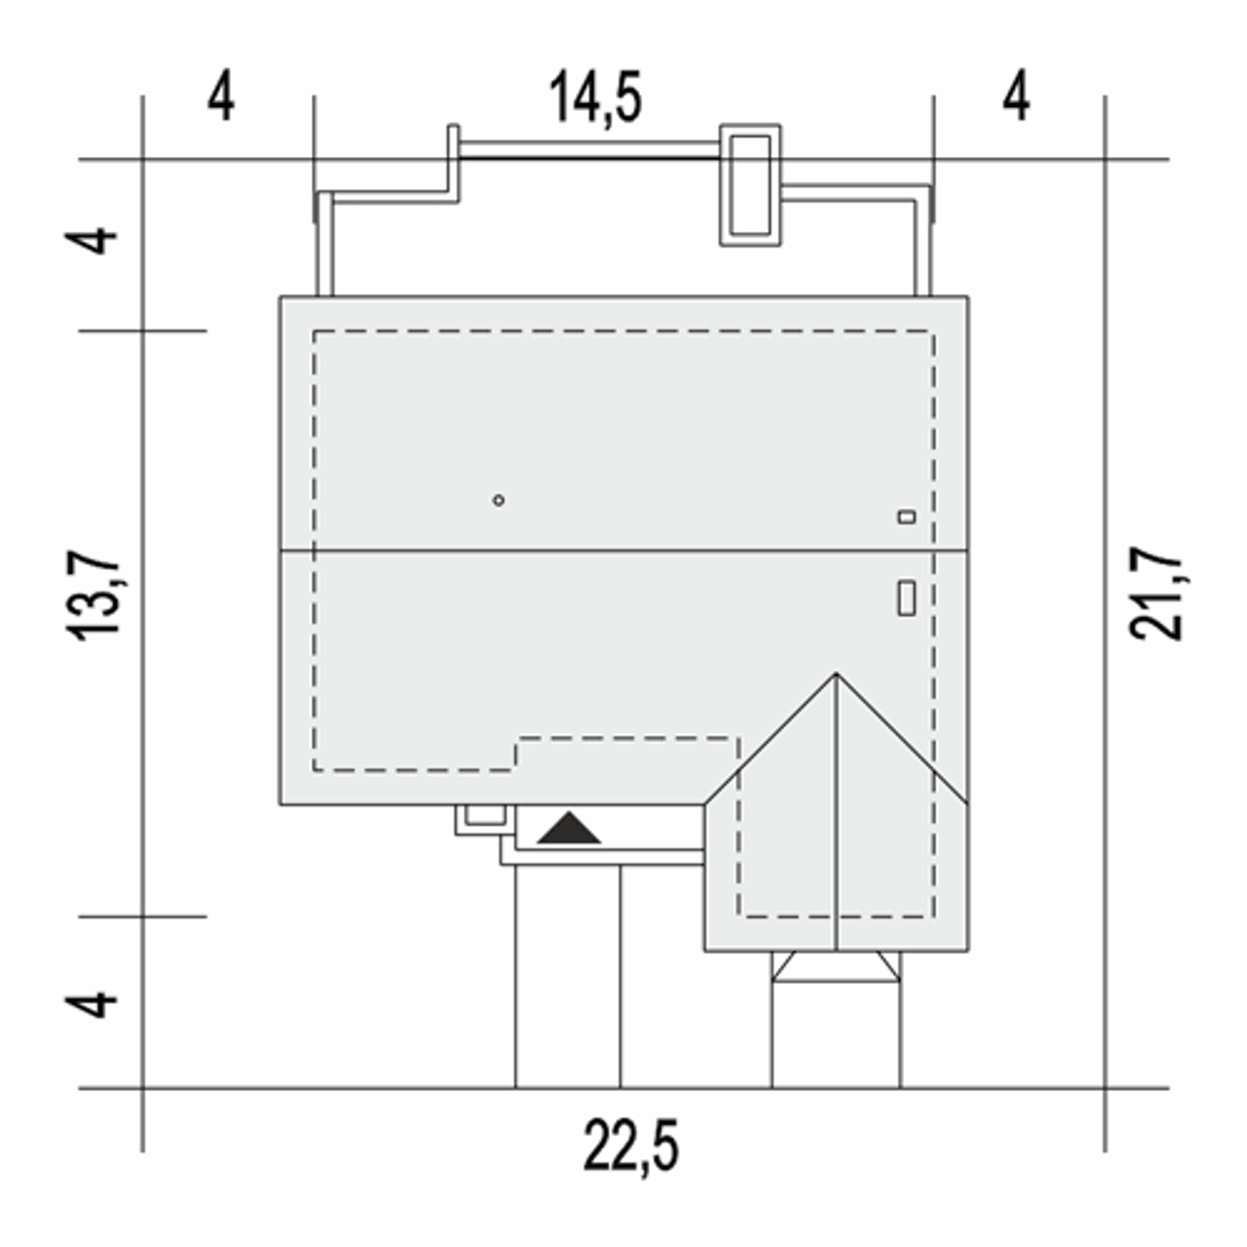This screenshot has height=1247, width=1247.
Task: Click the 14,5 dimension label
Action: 595,97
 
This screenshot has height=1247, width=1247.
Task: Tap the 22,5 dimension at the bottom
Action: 631,1146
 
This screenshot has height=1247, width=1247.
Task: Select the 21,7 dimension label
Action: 1155,593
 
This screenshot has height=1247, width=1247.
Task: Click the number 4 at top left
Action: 221,96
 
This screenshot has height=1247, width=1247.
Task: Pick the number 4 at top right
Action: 1017,96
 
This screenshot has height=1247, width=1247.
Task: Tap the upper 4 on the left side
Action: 92,242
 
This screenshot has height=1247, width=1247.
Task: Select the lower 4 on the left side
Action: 92,1003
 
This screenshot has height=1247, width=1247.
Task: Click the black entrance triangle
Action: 569,831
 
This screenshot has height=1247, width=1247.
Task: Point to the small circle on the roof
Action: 498,500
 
